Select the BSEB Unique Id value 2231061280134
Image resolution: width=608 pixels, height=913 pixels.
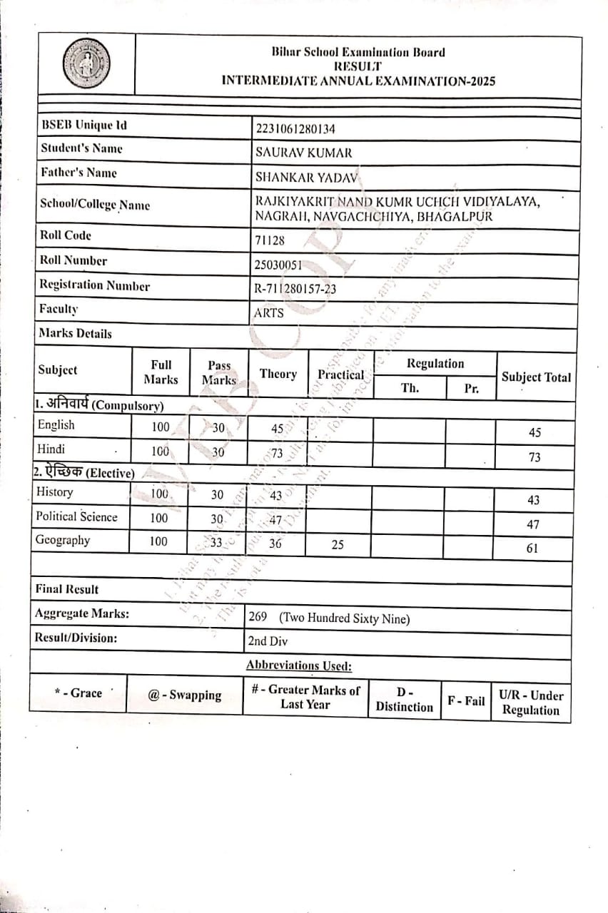pos(295,128)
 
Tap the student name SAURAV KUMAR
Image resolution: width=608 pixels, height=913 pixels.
pos(303,153)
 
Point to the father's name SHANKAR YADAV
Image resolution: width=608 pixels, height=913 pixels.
pos(308,177)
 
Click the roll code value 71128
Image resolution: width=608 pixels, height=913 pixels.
pos(269,240)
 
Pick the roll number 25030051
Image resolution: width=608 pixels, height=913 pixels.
pos(278,265)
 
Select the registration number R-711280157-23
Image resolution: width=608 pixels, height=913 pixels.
pos(295,289)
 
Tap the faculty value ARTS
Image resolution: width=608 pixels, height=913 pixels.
pos(268,312)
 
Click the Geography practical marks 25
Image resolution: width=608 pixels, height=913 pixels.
pos(338,544)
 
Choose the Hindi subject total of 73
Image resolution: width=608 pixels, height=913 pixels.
pos(534,457)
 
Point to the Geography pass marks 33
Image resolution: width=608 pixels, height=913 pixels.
pos(216,542)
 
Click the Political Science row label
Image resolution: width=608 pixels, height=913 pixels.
pos(76,516)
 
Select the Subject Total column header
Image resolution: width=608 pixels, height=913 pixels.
pos(536,377)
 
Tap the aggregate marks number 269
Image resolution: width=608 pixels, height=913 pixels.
pos(257,617)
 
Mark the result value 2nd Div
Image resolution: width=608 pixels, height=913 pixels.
pos(268,641)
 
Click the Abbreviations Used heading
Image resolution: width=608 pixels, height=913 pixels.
pos(299,665)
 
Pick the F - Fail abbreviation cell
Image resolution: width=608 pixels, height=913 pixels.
pos(466,700)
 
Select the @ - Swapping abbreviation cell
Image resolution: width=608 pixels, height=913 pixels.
pos(185,695)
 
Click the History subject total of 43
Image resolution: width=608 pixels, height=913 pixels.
pos(533,500)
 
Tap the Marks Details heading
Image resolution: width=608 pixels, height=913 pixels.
pos(75,333)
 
